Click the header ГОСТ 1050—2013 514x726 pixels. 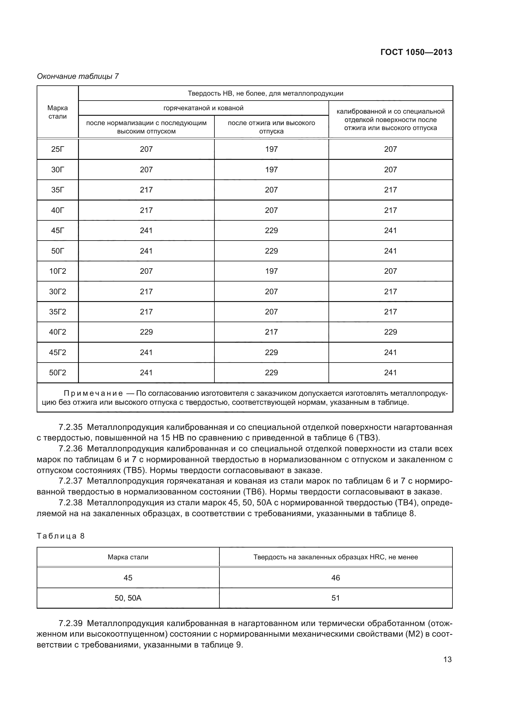pos(416,52)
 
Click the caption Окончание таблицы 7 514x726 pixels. pos(78,76)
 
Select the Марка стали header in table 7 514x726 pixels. pos(57,112)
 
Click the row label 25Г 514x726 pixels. pos(57,149)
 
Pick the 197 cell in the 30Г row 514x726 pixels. pos(271,170)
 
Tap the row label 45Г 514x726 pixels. pos(57,231)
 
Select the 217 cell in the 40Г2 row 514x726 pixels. pos(271,332)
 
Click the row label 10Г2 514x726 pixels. pos(57,271)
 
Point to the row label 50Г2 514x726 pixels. pos(57,373)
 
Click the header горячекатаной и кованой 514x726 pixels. pos(203,108)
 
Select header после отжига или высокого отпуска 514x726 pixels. pos(271,127)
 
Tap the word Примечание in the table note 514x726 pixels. pos(93,393)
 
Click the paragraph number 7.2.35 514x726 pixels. pos(71,427)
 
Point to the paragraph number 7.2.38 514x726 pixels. pos(71,503)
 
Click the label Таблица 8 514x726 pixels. pos(61,536)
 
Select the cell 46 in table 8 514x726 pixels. pos(336,578)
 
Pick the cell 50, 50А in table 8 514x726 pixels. pos(128,598)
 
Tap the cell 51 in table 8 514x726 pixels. pos(336,598)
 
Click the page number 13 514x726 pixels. pos(447,660)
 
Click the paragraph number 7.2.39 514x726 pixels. pos(71,624)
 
